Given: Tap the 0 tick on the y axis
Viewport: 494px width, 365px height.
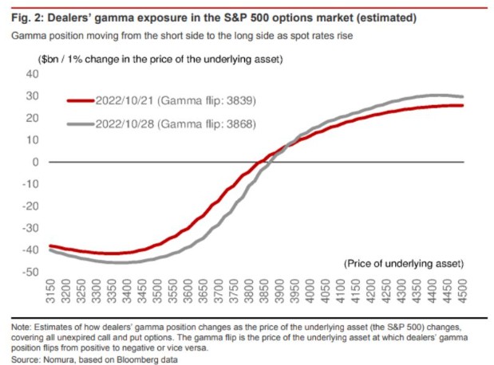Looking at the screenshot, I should (35, 162).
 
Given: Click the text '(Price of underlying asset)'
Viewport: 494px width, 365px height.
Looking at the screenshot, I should (403, 263).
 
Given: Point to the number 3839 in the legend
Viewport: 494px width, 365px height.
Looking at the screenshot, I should (236, 101).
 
